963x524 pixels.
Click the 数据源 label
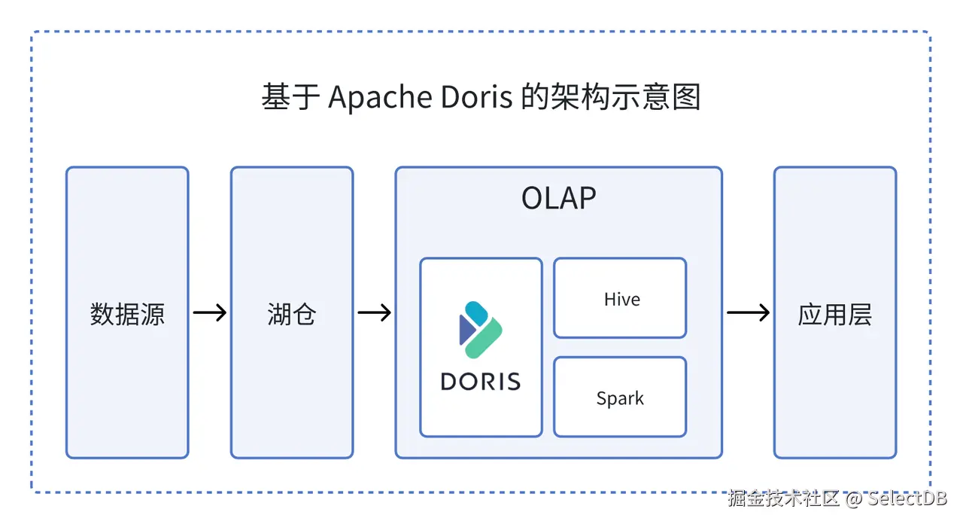pyautogui.click(x=127, y=314)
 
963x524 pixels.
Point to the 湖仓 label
pyautogui.click(x=291, y=314)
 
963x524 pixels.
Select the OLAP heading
pyautogui.click(x=558, y=199)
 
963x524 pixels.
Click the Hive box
pyautogui.click(x=620, y=299)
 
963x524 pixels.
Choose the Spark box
pyautogui.click(x=620, y=398)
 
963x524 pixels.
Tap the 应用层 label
pyautogui.click(x=834, y=314)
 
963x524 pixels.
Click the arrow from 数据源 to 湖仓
pyautogui.click(x=209, y=312)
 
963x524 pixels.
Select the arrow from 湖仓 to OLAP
pyautogui.click(x=374, y=312)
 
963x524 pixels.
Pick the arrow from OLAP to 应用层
pyautogui.click(x=748, y=312)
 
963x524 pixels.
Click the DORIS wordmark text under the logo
pyautogui.click(x=481, y=381)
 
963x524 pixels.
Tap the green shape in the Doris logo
pyautogui.click(x=485, y=338)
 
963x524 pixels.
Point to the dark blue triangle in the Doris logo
pyautogui.click(x=466, y=330)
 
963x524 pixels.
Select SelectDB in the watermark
pyautogui.click(x=907, y=498)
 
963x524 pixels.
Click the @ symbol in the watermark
pyautogui.click(x=853, y=498)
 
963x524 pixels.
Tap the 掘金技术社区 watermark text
pyautogui.click(x=783, y=498)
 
